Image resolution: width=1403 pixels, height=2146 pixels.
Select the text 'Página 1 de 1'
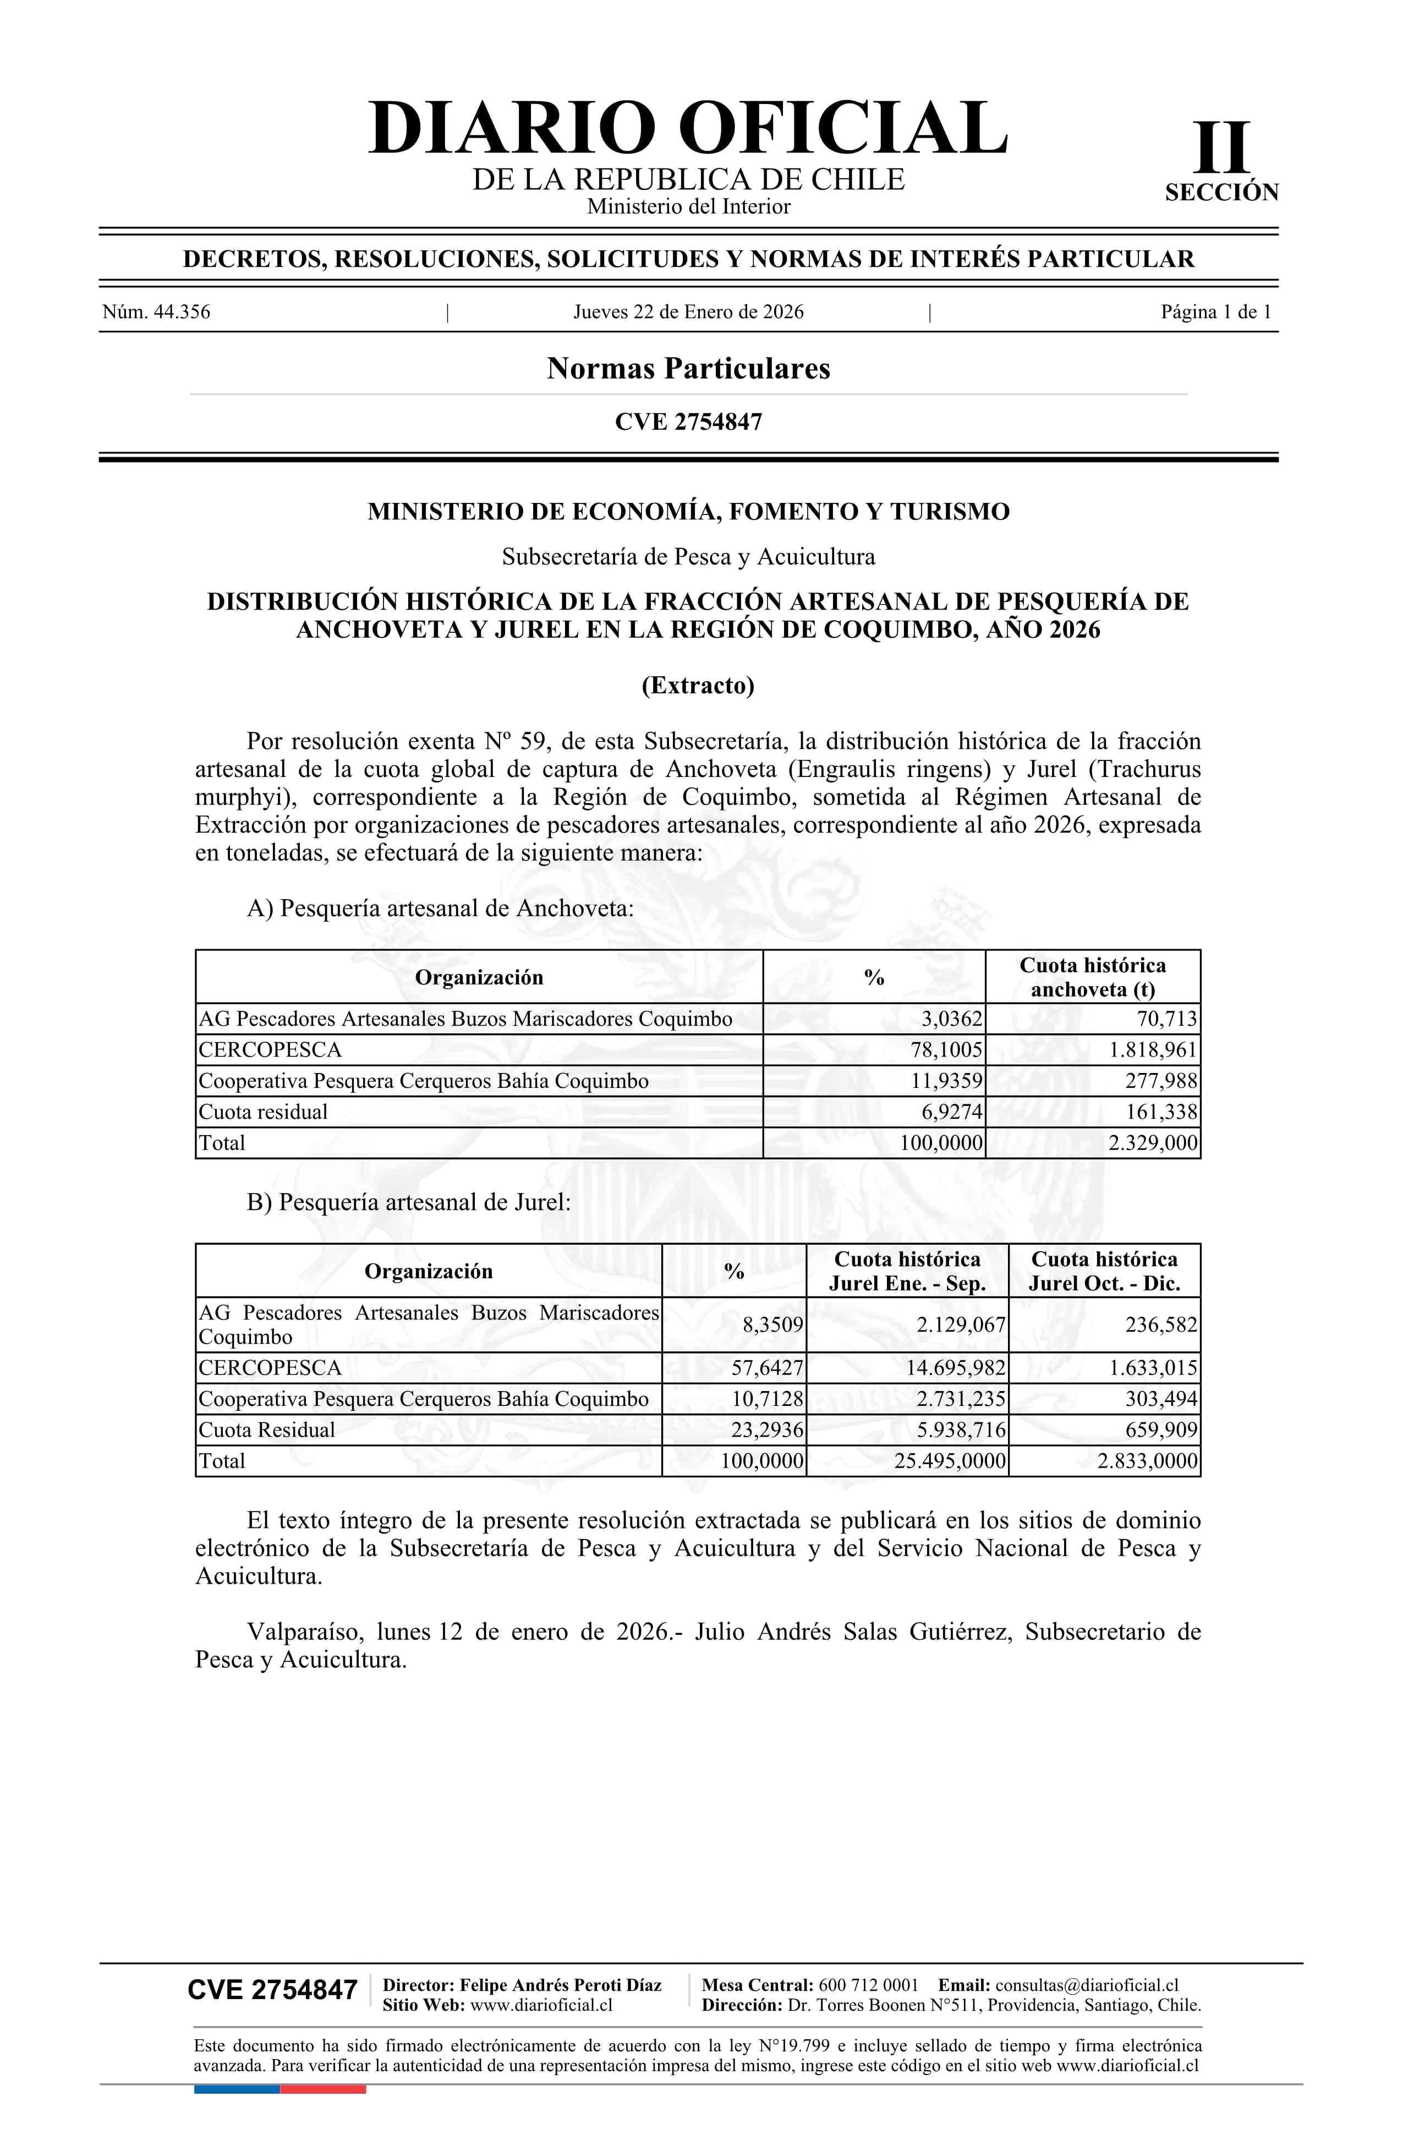tap(1215, 312)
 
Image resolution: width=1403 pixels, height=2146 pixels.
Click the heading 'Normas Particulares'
tap(688, 369)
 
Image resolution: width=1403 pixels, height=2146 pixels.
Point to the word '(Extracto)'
tap(697, 685)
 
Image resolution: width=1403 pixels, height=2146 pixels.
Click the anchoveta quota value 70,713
tap(1167, 1019)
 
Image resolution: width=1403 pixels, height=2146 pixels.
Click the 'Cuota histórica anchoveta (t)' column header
tap(1092, 977)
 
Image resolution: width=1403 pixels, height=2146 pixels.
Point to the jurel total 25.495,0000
tap(950, 1461)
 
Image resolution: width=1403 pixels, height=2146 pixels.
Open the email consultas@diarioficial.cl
tap(1087, 1985)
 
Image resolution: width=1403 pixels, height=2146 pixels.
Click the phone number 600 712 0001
tap(868, 1985)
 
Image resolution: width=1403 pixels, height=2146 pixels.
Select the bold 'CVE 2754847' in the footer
tap(272, 1990)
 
